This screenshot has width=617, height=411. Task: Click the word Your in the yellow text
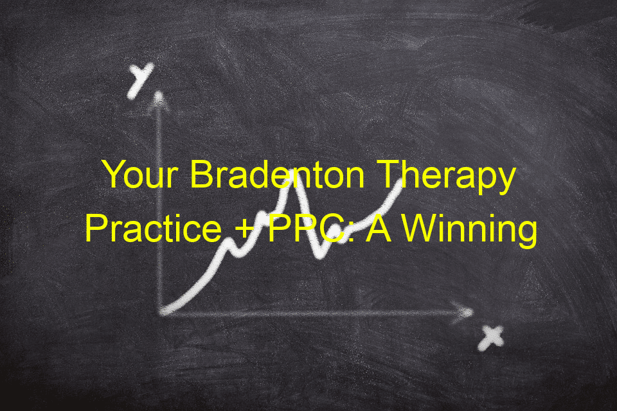[140, 175]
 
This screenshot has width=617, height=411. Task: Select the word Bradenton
[278, 175]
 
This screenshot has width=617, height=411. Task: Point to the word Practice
[154, 229]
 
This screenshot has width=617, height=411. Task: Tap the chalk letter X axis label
[490, 338]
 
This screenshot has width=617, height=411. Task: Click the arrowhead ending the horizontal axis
[463, 312]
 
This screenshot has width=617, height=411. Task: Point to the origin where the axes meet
[161, 312]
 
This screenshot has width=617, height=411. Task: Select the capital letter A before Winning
[379, 228]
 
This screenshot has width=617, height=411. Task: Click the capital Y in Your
[115, 175]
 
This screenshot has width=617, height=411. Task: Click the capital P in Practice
[97, 228]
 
